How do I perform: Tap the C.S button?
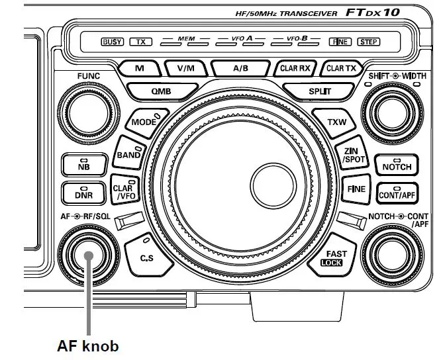click(146, 257)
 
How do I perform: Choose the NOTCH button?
click(397, 165)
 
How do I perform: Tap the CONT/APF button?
click(397, 194)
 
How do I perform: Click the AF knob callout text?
click(87, 345)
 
